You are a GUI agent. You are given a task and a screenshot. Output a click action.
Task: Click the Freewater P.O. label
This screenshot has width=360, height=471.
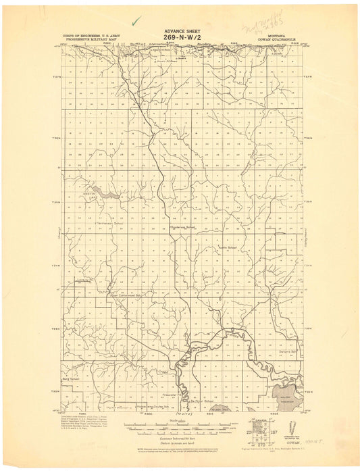pos(170,394)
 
